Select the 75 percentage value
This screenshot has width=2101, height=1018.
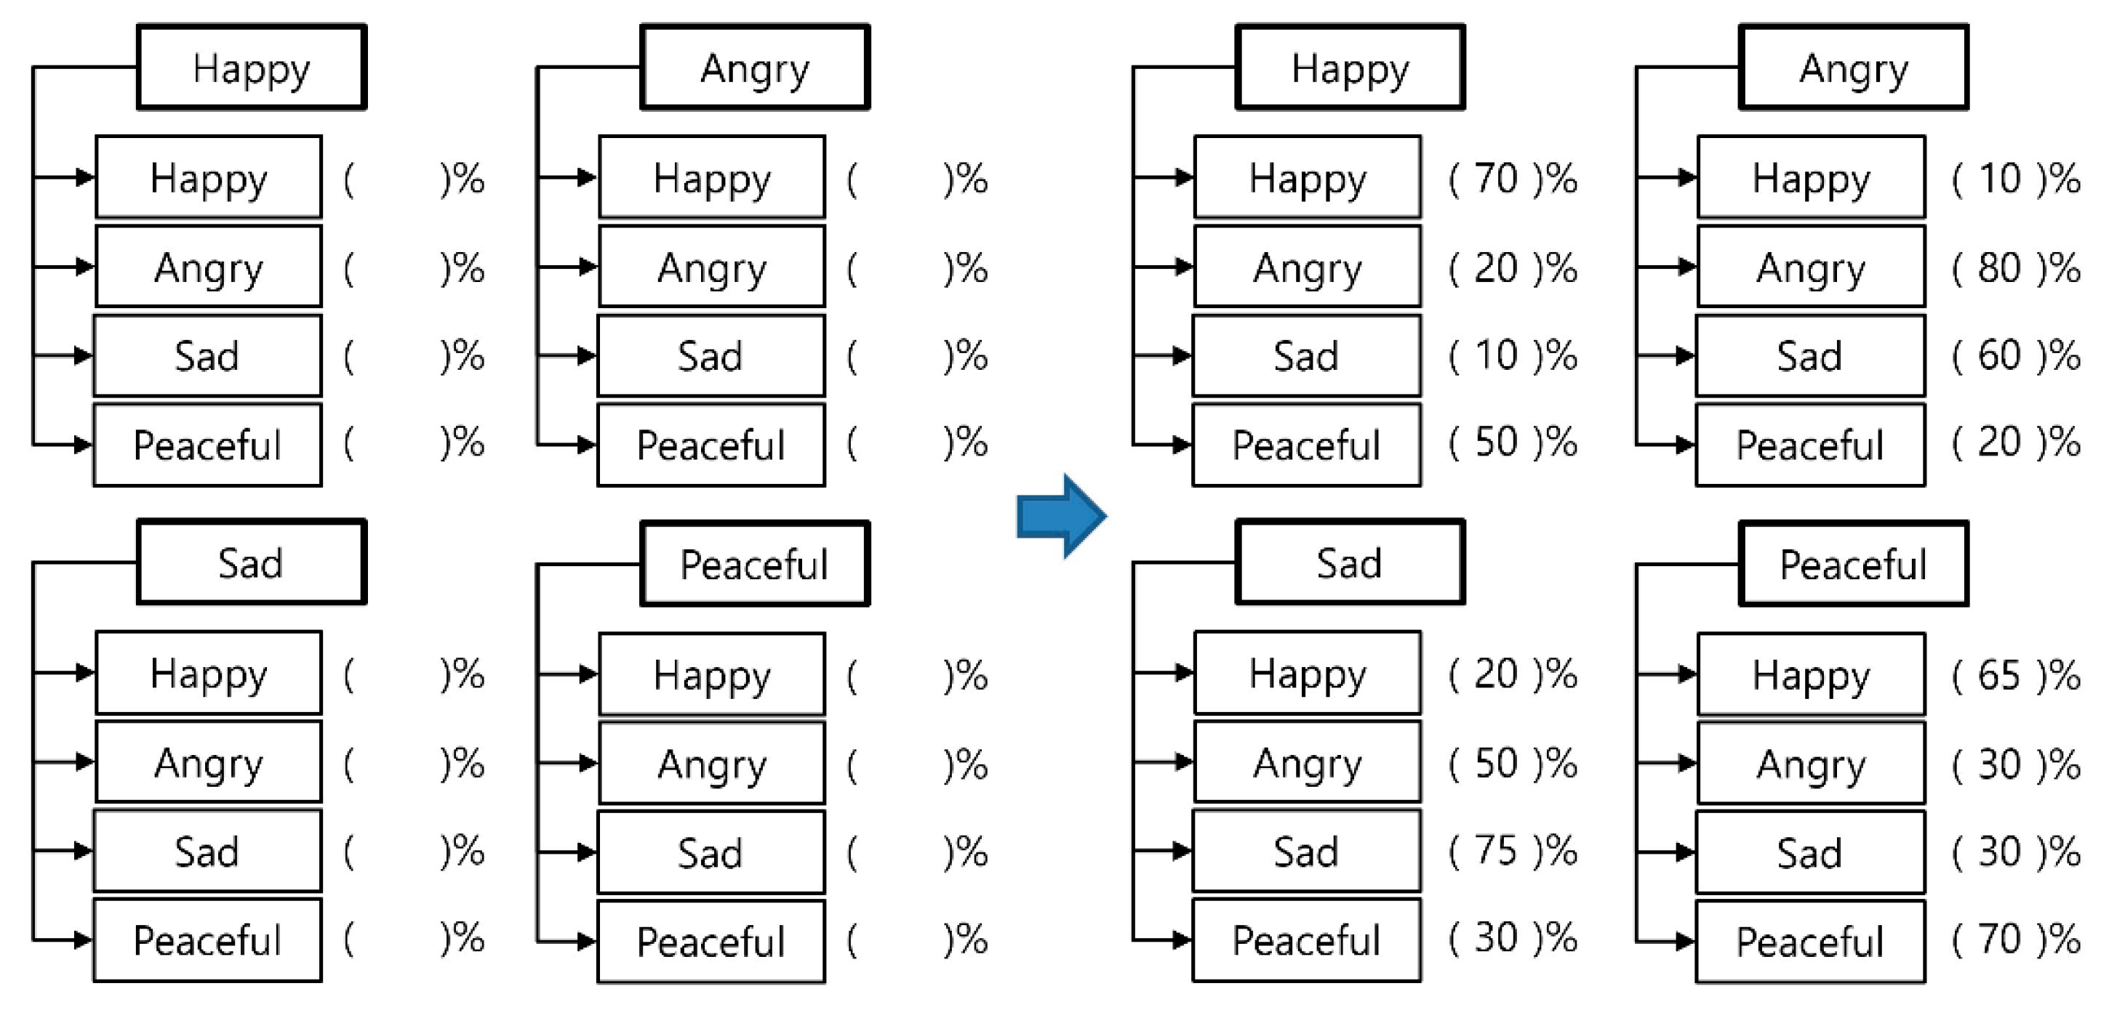coord(1496,851)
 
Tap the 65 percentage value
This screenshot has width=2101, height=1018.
coord(1999,675)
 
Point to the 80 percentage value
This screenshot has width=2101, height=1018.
coord(1999,267)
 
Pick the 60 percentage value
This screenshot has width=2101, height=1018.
coord(1999,355)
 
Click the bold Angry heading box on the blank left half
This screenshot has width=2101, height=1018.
coord(754,68)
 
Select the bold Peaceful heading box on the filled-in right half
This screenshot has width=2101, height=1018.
coord(1853,564)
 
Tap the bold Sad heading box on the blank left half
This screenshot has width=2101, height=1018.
coord(251,562)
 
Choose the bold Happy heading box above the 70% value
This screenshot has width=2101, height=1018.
coord(1350,68)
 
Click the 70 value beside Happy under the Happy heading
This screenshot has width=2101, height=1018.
coord(1496,179)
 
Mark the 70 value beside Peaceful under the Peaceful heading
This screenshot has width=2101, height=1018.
coord(1999,939)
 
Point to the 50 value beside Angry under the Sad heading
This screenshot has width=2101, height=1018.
coord(1496,763)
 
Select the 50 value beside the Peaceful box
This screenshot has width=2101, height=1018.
coord(1496,443)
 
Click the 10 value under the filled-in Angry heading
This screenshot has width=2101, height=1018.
coord(1999,179)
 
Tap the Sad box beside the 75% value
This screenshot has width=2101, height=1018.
coord(1307,852)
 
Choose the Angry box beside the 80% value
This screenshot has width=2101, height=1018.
coord(1811,267)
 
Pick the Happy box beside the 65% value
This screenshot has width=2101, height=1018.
coord(1811,675)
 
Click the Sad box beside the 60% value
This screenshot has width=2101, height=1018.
coord(1811,356)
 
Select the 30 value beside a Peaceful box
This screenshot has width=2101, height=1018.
coord(1496,938)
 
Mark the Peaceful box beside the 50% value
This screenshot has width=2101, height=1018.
coord(1307,445)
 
